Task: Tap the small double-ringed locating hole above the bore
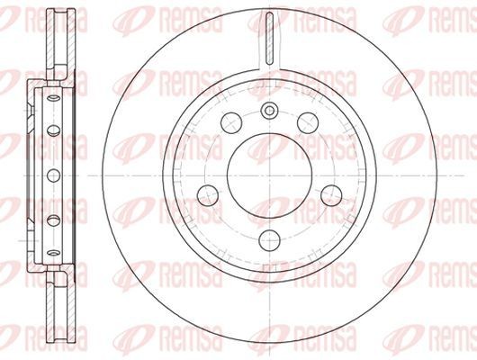268,111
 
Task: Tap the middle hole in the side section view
53,173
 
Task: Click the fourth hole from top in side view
53,220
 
